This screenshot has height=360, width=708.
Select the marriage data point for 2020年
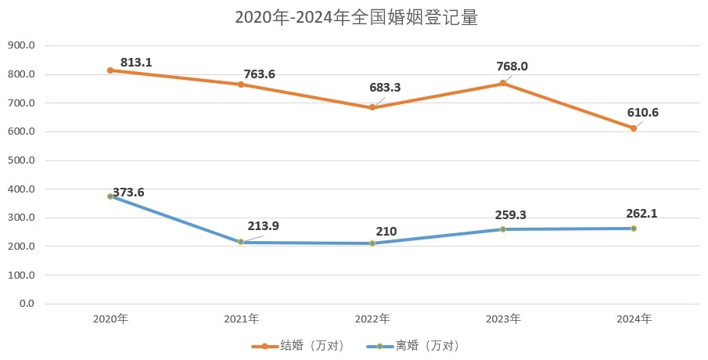point(110,70)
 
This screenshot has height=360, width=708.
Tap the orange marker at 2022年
point(372,107)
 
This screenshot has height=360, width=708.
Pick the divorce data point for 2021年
point(242,242)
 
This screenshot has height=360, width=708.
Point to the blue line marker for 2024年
point(634,229)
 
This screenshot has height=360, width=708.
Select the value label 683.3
point(385,88)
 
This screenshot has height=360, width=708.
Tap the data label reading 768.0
point(512,67)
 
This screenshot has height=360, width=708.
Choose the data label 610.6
point(643,112)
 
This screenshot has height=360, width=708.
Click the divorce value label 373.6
point(128,192)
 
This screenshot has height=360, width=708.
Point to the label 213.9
point(263,226)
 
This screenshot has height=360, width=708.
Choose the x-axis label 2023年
point(503,319)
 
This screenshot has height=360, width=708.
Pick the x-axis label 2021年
point(242,319)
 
